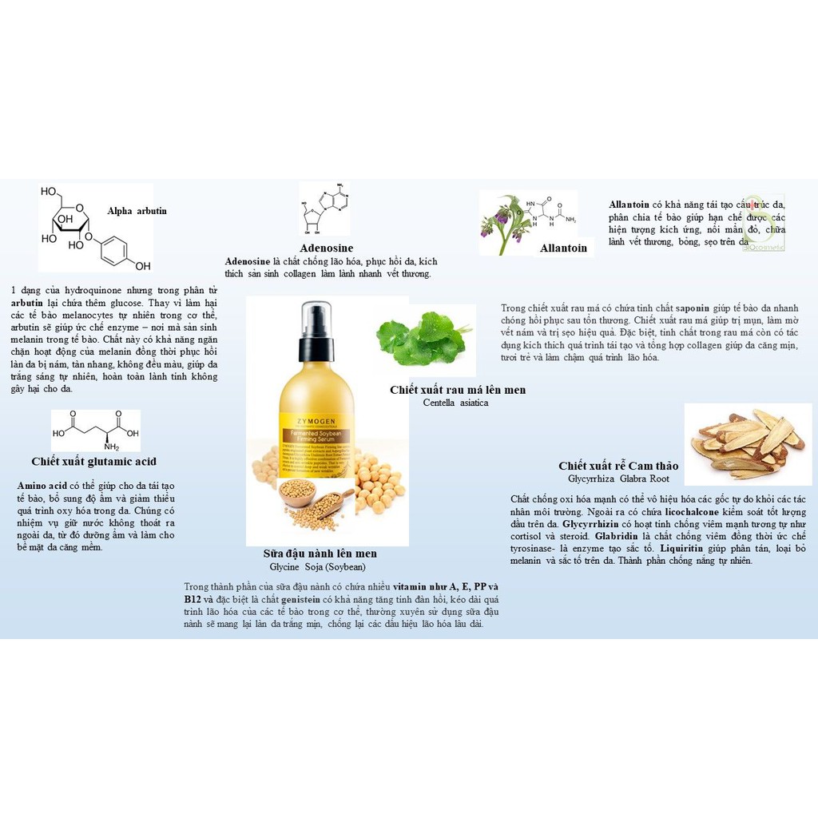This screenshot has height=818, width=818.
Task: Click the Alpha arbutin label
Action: [x=137, y=211]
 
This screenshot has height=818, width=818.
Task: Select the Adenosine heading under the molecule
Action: [x=326, y=248]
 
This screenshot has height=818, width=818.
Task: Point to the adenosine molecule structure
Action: [x=324, y=209]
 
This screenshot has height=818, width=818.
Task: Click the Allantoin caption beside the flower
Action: [x=563, y=248]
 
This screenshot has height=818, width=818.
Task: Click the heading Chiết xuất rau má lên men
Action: [x=458, y=390]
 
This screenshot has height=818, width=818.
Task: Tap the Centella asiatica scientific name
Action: [x=455, y=403]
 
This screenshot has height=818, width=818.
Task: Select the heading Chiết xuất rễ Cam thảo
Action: [x=618, y=466]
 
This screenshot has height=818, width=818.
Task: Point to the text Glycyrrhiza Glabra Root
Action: [x=618, y=478]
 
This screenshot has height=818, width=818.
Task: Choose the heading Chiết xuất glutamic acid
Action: [x=93, y=462]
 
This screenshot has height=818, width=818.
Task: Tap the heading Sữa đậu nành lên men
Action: [x=320, y=554]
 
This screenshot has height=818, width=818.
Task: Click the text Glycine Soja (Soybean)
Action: [x=317, y=566]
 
